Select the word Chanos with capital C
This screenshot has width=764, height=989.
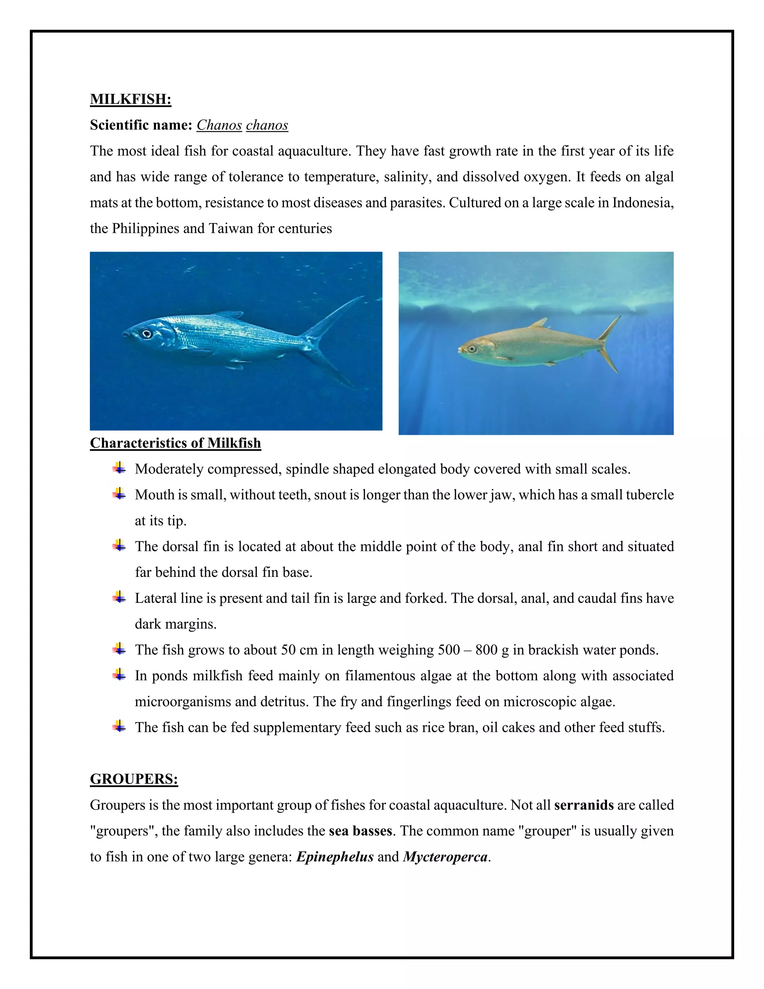click(219, 125)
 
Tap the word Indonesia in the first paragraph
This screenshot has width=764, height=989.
click(643, 202)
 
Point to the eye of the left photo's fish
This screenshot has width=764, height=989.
click(146, 334)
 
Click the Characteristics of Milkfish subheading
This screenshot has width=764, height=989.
click(175, 443)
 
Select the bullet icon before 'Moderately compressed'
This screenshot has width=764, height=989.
click(119, 468)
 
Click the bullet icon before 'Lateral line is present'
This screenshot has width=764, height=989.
click(119, 598)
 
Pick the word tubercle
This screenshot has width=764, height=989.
click(650, 494)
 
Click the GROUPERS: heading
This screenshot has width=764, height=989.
click(134, 779)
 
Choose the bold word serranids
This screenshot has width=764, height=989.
click(584, 805)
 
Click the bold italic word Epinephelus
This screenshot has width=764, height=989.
click(335, 857)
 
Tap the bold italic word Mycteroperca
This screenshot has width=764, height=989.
click(445, 857)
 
